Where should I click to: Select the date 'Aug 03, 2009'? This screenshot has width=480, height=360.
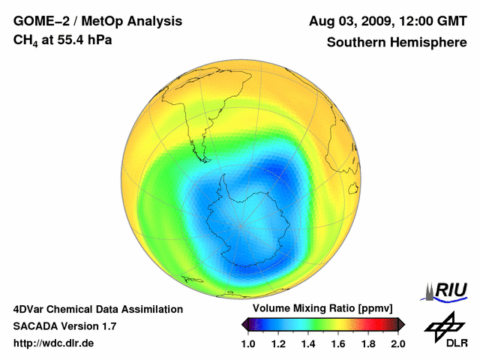click(x=349, y=22)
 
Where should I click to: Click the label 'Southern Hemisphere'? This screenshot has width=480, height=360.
click(x=396, y=42)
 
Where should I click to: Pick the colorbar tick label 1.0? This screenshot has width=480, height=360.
click(x=248, y=343)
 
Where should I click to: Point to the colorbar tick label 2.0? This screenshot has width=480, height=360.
click(x=398, y=343)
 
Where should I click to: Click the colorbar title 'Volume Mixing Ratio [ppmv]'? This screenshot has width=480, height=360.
click(x=322, y=309)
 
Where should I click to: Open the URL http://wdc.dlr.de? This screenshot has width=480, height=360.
click(x=54, y=343)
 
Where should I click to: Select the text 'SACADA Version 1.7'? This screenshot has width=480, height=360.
click(x=64, y=326)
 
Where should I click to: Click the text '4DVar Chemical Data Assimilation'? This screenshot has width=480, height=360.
click(x=98, y=309)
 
